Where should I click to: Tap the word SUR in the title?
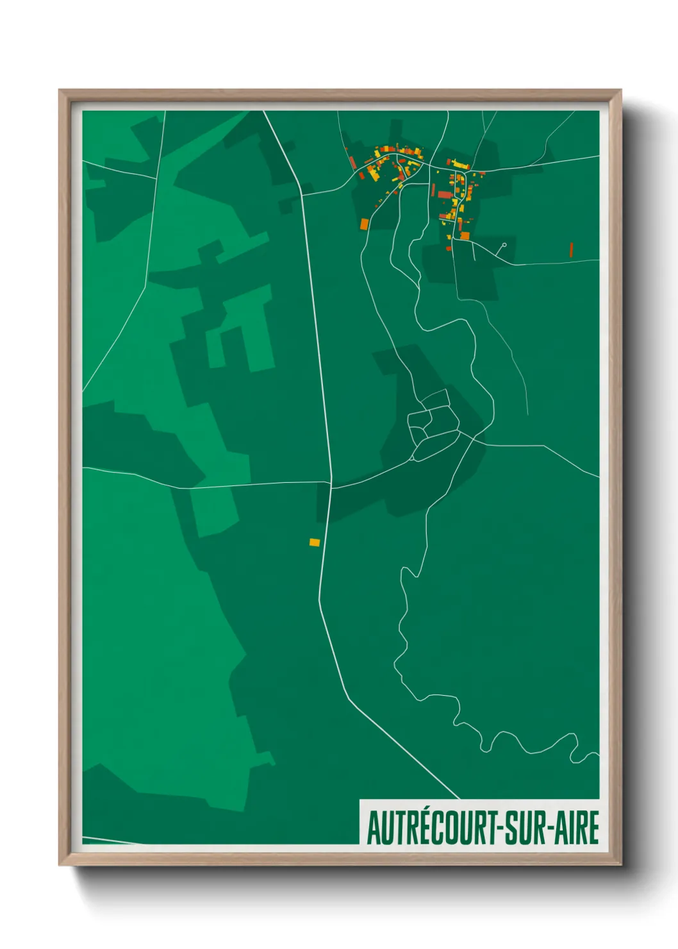(x=525, y=828)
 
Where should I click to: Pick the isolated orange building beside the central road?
(x=314, y=542)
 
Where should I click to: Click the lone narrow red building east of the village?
(x=571, y=249)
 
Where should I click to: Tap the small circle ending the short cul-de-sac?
(x=504, y=245)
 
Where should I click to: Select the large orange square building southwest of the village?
(x=365, y=224)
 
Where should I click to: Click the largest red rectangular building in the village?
(x=445, y=194)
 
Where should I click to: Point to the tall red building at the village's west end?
(x=353, y=162)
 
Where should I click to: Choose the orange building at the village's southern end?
(x=465, y=236)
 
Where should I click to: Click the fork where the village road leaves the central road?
(x=302, y=193)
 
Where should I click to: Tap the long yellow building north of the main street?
(x=460, y=165)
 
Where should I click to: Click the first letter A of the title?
(x=373, y=828)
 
